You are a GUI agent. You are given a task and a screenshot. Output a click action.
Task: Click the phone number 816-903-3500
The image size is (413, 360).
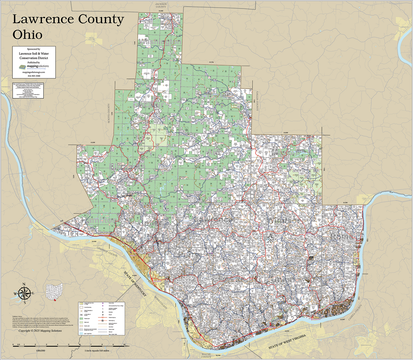[x=34, y=76]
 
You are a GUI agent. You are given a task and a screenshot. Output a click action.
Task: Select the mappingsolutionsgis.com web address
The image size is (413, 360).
[x=34, y=72]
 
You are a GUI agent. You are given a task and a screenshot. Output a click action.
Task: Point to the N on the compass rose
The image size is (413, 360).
[x=24, y=284]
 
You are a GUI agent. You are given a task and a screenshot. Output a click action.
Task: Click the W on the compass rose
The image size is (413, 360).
[x=15, y=294]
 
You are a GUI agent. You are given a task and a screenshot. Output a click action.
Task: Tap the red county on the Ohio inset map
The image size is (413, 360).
[x=55, y=300]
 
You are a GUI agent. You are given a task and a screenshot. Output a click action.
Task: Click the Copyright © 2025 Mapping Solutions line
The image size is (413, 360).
[x=40, y=331]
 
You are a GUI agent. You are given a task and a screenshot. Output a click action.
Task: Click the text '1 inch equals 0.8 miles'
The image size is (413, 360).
[x=97, y=350]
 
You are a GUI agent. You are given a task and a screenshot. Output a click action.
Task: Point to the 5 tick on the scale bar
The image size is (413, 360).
[x=69, y=345]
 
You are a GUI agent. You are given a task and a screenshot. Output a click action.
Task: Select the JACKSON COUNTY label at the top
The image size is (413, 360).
[x=160, y=5]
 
